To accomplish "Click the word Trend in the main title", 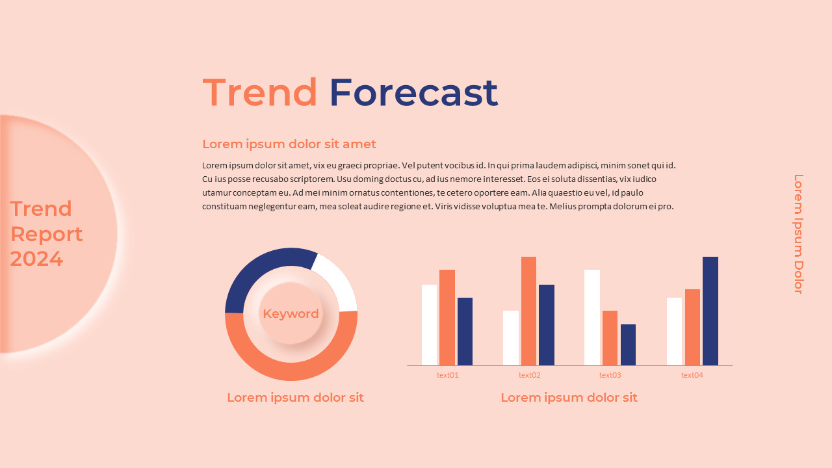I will coord(260,92).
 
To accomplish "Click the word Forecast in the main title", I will coord(413,92).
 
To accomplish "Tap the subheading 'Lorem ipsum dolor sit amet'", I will coord(289,144).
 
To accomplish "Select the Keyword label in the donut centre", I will coord(291,313).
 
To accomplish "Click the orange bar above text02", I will coord(528,311).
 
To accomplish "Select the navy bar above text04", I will coord(710,311).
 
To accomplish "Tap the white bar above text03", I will coord(592,317).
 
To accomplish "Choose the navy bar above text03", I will coord(628,344).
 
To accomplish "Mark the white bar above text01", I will coord(429,324).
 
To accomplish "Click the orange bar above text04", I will coord(692,327).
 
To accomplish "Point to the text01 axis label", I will coord(448,375).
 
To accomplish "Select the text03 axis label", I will coord(610,375).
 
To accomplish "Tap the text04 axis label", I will coord(692,375).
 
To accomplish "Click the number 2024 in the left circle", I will coord(36,259).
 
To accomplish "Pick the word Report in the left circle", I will coord(47,234).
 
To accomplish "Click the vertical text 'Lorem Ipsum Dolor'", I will coord(799,234).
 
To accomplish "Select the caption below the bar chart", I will coord(569,397).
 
